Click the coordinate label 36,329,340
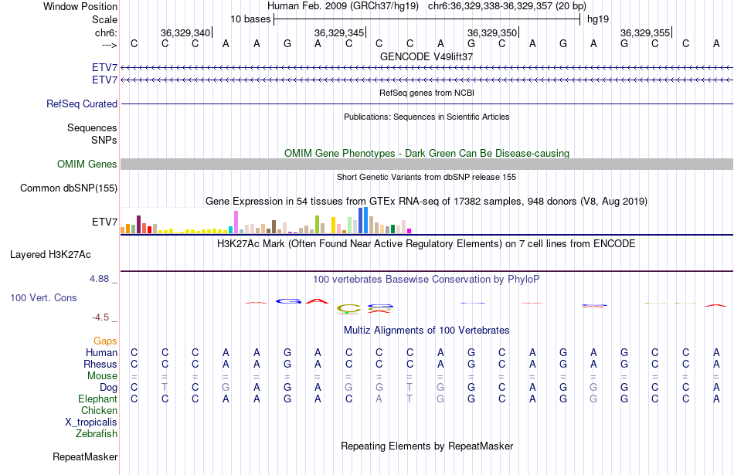[185, 32]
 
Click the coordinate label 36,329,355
[645, 32]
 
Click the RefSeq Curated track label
[82, 103]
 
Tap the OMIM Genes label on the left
[87, 164]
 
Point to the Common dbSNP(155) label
[69, 188]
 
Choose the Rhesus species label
[101, 364]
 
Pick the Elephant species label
[97, 399]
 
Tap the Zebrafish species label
[97, 433]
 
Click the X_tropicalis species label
[91, 422]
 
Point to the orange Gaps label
[105, 341]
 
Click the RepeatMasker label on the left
[85, 456]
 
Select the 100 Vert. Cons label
[43, 297]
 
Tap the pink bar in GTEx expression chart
[236, 222]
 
